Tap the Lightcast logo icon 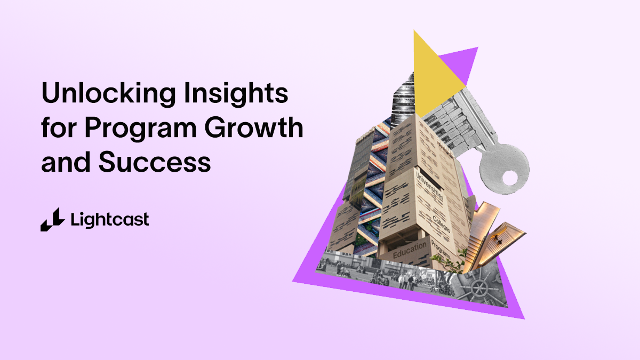pos(52,219)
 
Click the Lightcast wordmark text pos(109,219)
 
